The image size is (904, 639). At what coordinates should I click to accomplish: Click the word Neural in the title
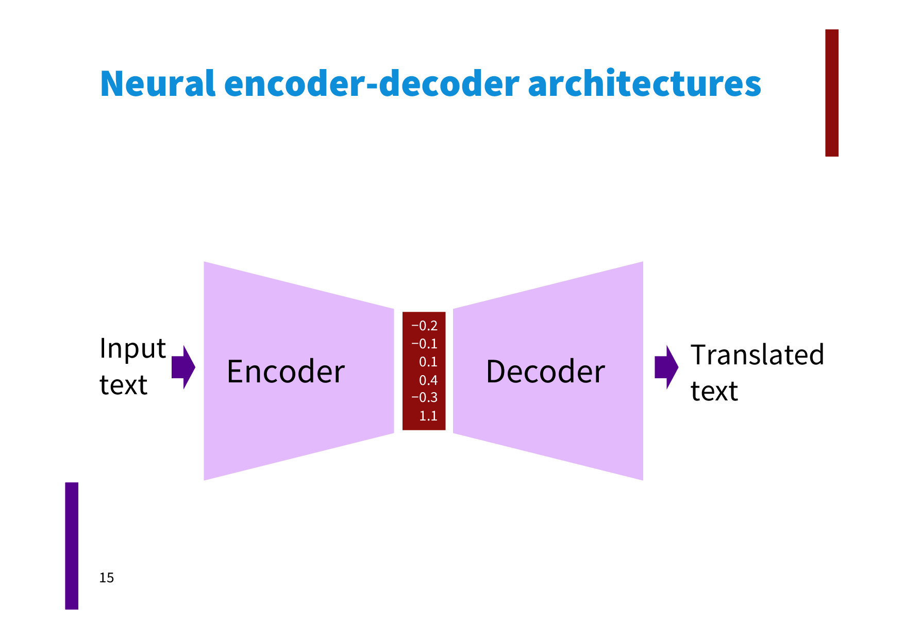(x=157, y=83)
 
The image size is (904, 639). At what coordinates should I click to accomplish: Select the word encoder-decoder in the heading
(x=372, y=83)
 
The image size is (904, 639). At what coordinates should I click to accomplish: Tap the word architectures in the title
(x=644, y=83)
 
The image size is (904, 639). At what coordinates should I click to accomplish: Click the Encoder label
(x=286, y=372)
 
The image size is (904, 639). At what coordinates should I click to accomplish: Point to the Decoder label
(x=545, y=372)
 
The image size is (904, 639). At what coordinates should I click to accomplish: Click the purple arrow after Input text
(x=183, y=367)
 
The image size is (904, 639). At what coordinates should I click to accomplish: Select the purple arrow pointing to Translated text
(x=666, y=367)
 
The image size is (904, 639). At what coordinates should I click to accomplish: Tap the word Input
(x=132, y=349)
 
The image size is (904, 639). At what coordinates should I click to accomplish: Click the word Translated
(x=757, y=355)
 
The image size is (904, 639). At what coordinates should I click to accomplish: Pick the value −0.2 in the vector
(x=424, y=326)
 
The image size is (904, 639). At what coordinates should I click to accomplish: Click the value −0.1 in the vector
(x=424, y=344)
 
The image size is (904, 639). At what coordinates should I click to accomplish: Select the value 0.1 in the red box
(x=428, y=362)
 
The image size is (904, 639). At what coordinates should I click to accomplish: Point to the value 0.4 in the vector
(x=428, y=380)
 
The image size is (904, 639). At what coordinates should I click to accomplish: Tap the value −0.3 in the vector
(x=424, y=398)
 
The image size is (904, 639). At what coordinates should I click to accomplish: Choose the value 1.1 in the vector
(x=428, y=416)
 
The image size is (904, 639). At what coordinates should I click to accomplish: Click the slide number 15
(x=107, y=578)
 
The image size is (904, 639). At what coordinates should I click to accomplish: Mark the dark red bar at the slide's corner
(x=831, y=93)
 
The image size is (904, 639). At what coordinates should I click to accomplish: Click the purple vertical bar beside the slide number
(x=72, y=546)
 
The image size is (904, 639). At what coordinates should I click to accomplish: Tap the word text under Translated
(x=714, y=391)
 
